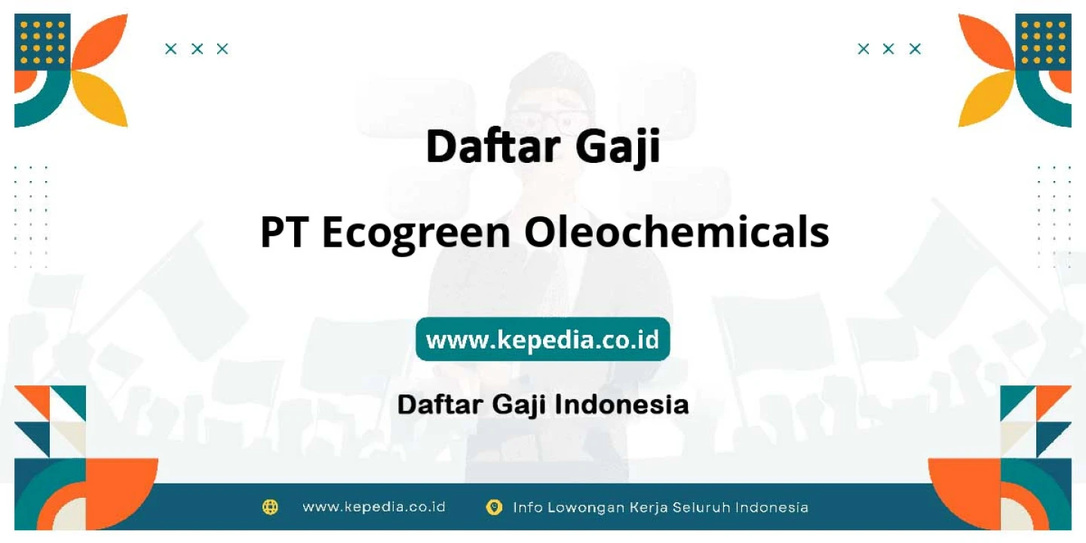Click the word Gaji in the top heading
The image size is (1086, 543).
point(618,147)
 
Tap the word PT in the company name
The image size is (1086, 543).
point(284,232)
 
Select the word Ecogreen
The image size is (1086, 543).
point(416,235)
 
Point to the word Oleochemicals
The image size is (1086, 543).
point(676,232)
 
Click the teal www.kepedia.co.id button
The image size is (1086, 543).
point(543,339)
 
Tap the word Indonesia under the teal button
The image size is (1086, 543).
point(621,404)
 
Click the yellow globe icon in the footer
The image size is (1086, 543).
point(270,507)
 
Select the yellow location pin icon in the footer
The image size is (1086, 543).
point(493,507)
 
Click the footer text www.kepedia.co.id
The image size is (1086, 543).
point(374,507)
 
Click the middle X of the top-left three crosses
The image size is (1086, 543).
point(197,49)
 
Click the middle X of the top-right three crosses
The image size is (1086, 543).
point(888,49)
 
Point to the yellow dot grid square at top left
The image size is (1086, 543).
point(42,42)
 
